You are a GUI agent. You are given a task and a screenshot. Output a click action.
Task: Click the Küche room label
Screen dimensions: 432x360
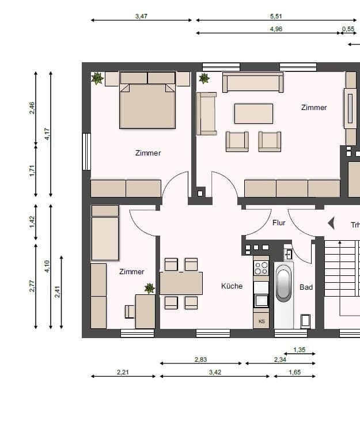tap(232, 286)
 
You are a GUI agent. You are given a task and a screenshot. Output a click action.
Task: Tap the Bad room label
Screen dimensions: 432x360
tap(306, 286)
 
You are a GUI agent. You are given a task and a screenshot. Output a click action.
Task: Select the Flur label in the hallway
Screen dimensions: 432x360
tap(279, 222)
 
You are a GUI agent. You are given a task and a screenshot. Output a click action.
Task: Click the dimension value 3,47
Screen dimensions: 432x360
tap(141, 17)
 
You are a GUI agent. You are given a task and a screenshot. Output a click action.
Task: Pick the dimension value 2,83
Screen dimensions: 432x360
tap(200, 359)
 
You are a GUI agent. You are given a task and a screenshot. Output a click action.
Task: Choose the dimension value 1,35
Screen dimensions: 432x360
tap(300, 350)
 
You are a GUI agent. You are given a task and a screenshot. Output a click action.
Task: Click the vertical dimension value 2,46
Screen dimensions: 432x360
tap(32, 108)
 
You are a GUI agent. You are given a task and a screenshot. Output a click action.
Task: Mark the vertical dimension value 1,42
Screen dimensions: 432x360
tap(32, 222)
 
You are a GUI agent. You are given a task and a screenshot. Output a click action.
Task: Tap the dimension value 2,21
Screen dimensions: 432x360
tap(123, 372)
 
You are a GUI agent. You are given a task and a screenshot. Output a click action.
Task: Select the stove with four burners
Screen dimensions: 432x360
tap(261, 268)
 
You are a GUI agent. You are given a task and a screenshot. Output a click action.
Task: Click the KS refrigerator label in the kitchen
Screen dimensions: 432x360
tap(262, 321)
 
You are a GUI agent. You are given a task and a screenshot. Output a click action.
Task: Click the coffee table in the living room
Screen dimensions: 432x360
tap(253, 113)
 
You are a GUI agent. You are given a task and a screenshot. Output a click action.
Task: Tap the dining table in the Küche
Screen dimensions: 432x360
tap(181, 283)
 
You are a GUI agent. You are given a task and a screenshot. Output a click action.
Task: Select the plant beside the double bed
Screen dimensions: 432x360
tap(97, 78)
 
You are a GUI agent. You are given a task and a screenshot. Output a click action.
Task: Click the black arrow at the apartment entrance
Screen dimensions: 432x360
tap(331, 223)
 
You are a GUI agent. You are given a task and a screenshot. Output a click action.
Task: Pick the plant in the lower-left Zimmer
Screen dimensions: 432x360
tap(149, 288)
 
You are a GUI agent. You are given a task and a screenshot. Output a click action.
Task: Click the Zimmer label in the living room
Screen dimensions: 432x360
tap(314, 107)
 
